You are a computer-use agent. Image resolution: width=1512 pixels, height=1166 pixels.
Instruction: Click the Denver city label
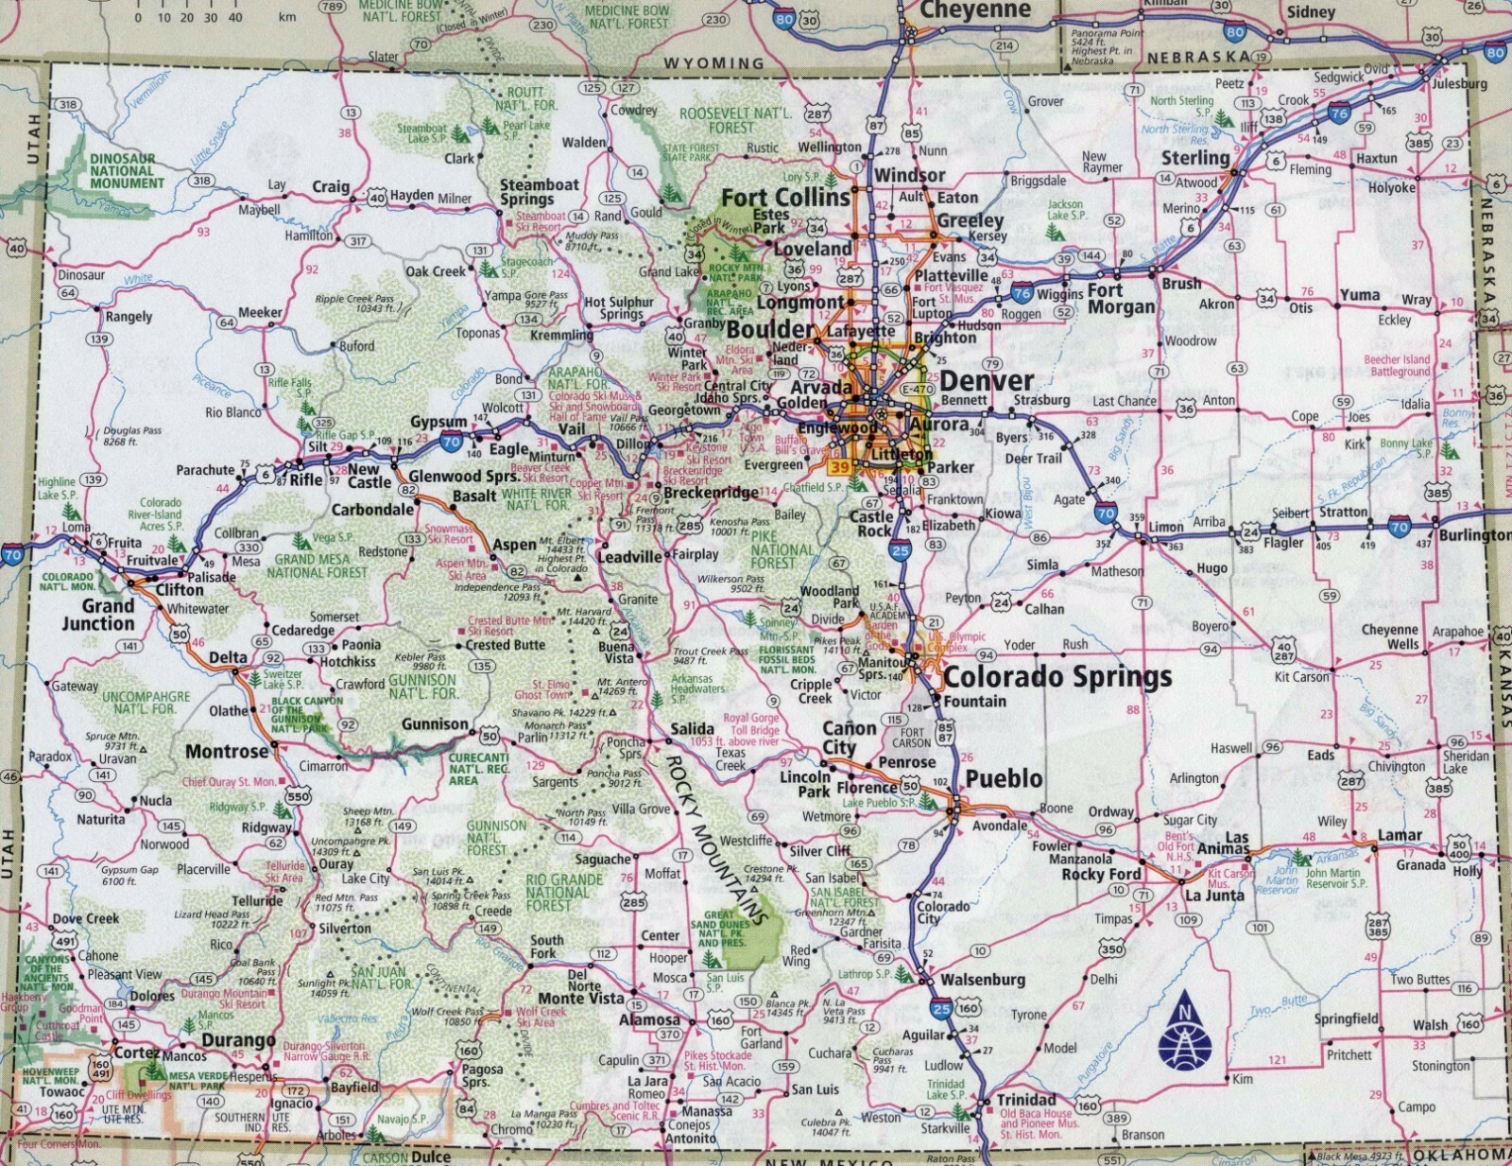pyautogui.click(x=987, y=381)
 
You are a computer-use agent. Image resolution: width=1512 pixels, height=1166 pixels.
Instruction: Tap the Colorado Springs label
pyautogui.click(x=1057, y=677)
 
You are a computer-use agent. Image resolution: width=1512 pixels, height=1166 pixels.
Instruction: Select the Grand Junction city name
pyautogui.click(x=98, y=615)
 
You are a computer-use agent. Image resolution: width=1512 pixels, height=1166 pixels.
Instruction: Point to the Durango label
pyautogui.click(x=238, y=1040)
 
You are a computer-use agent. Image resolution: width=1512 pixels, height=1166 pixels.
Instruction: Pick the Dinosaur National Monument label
pyautogui.click(x=127, y=171)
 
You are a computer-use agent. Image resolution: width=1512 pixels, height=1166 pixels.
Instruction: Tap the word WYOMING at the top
pyautogui.click(x=713, y=63)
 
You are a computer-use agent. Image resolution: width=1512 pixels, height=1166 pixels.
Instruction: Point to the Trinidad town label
pyautogui.click(x=1025, y=1100)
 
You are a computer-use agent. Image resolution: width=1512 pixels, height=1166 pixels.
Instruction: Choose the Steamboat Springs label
pyautogui.click(x=539, y=192)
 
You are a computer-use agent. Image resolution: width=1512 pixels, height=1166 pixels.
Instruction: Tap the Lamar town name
pyautogui.click(x=1400, y=835)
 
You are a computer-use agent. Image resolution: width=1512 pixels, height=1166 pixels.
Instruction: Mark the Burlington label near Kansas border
pyautogui.click(x=1474, y=535)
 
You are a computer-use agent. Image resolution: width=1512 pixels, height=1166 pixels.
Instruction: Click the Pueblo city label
pyautogui.click(x=1004, y=778)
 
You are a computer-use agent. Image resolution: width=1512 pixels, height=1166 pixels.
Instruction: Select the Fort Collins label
pyautogui.click(x=785, y=198)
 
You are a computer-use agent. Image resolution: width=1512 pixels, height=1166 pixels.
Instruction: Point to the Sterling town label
pyautogui.click(x=1195, y=158)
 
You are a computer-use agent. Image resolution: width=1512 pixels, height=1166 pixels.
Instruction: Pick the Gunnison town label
pyautogui.click(x=435, y=724)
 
